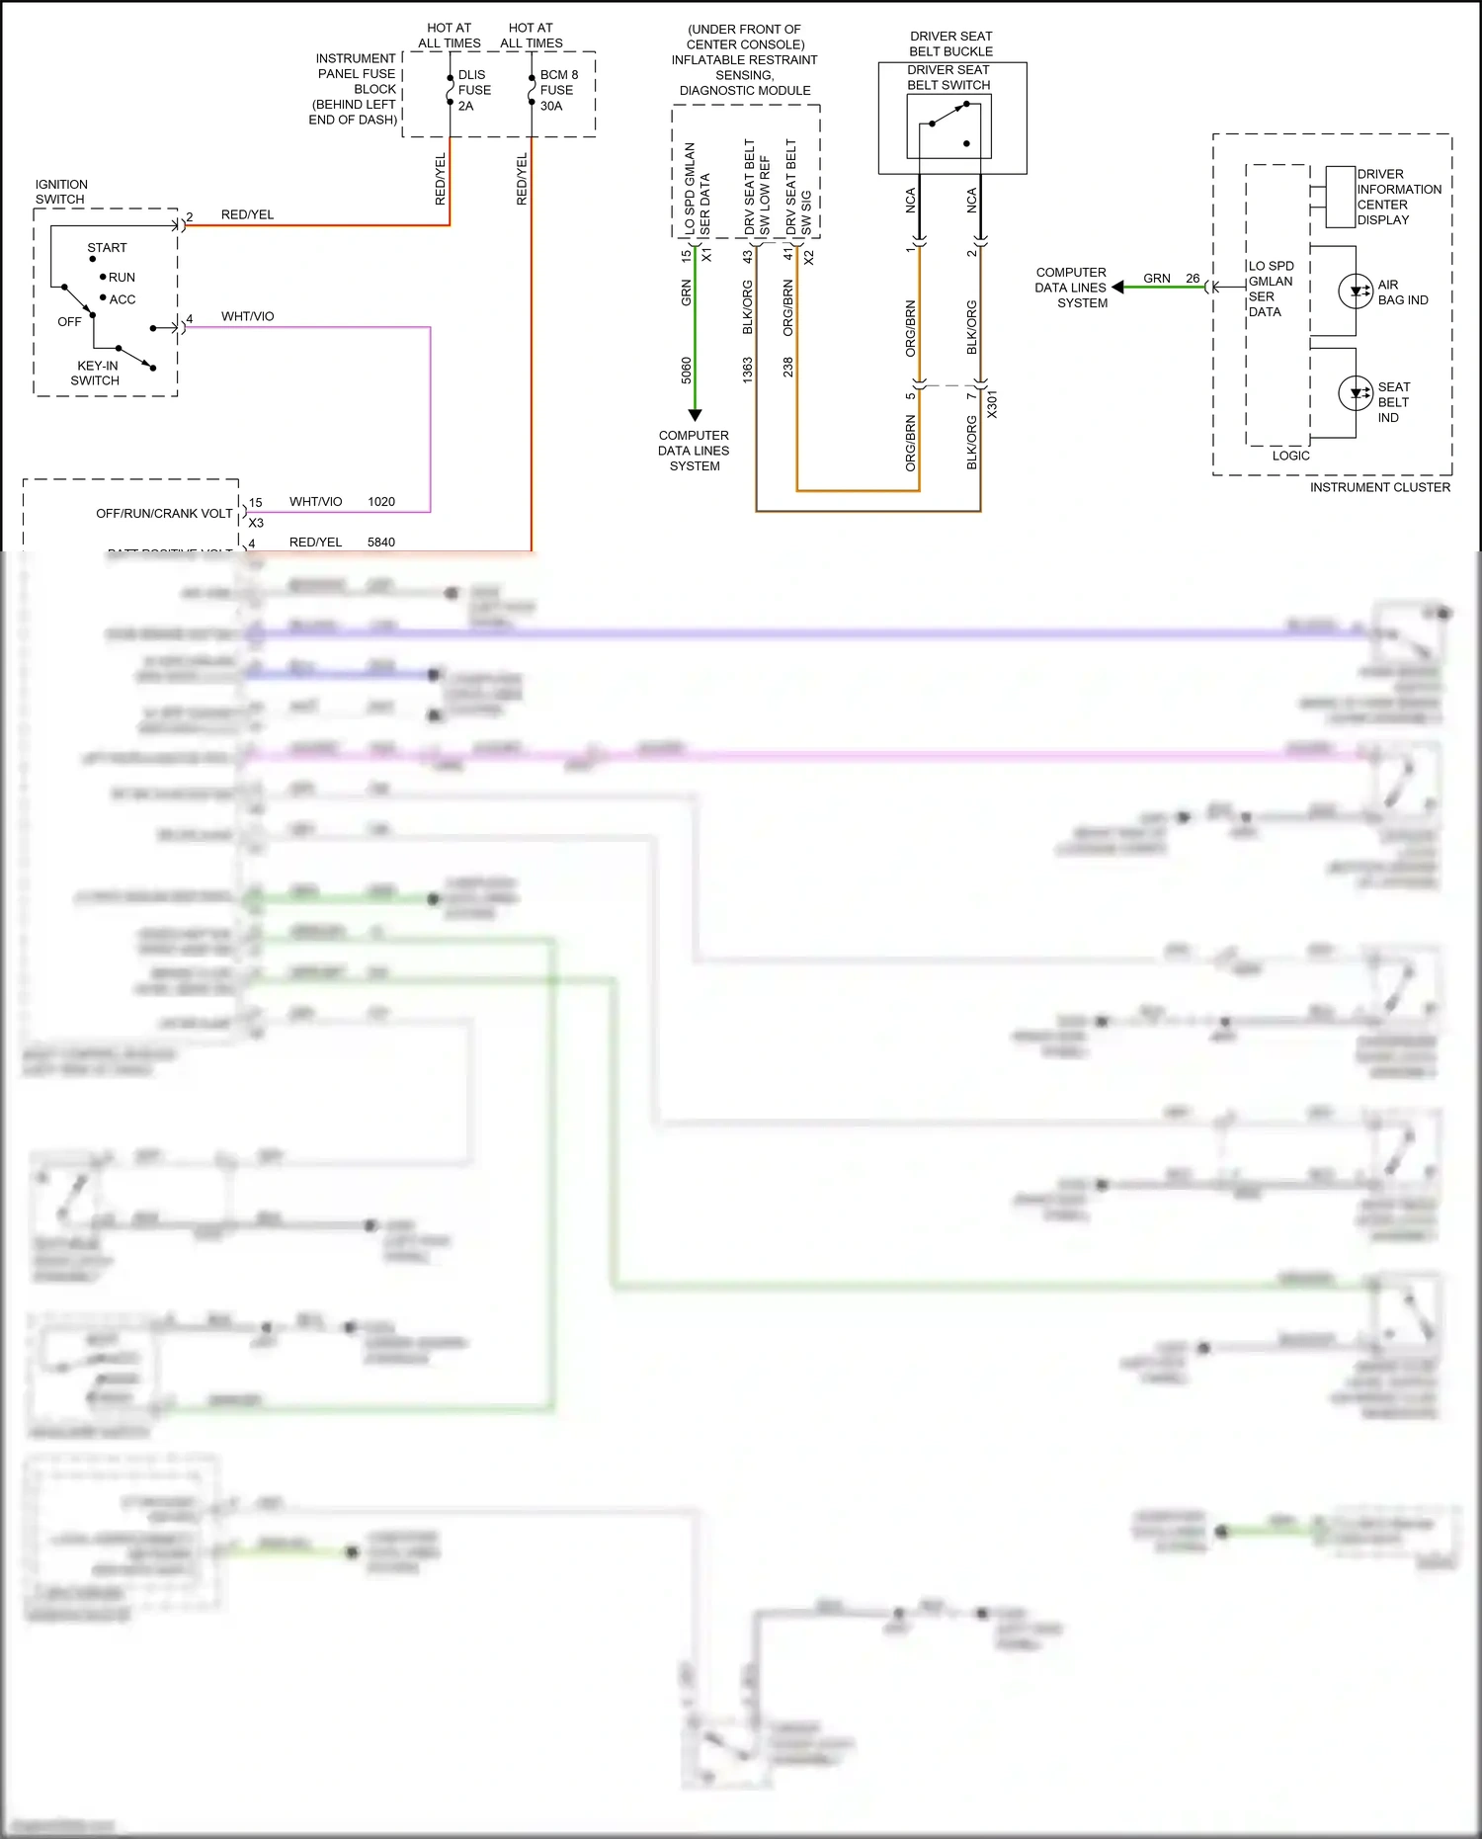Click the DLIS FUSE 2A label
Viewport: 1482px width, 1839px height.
(x=473, y=90)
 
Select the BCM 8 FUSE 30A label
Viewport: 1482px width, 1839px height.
(x=557, y=90)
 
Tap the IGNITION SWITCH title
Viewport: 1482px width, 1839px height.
(x=61, y=192)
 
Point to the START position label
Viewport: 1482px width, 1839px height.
(x=107, y=248)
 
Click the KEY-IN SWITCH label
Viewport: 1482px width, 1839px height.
(x=96, y=373)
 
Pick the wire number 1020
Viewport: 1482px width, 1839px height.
(x=381, y=502)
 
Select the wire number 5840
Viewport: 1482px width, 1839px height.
(x=381, y=543)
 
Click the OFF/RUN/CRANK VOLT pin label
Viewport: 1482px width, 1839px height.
(x=164, y=514)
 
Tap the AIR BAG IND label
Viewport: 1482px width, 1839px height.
(x=1402, y=293)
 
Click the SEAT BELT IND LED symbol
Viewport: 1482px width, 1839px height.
(x=1356, y=393)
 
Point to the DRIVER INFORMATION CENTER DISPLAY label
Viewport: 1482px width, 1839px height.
(x=1398, y=197)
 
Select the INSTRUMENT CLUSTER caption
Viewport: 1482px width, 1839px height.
(x=1379, y=487)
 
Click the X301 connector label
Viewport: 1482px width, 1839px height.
(x=992, y=404)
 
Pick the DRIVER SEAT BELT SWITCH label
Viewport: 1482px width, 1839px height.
(x=948, y=77)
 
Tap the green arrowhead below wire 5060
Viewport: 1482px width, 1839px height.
(x=695, y=415)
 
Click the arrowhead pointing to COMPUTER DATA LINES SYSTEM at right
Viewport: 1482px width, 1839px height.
(x=1117, y=288)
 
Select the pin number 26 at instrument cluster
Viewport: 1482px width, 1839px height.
(x=1193, y=279)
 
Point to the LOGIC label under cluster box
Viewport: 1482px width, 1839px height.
(x=1290, y=456)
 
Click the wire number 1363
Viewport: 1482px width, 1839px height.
(x=748, y=370)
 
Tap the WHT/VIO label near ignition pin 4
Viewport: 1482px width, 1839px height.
(x=247, y=316)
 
